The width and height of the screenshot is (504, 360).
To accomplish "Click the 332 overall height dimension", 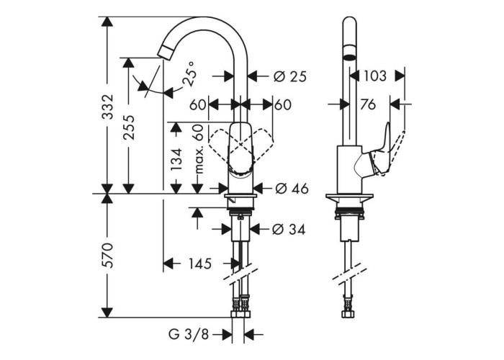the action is tap(107, 107).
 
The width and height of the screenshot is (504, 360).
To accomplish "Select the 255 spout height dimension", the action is tap(129, 127).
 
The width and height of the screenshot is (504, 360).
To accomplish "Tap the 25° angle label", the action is tap(189, 74).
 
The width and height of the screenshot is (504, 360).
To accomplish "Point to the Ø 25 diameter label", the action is tap(290, 76).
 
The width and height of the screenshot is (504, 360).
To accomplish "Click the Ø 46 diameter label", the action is tap(292, 189).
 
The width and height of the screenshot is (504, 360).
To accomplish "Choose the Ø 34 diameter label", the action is tap(289, 229).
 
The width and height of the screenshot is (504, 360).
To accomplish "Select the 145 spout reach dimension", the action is tap(200, 264).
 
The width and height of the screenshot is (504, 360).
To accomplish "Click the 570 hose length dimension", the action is tap(107, 256).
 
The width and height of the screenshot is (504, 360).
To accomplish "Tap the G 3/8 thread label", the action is tap(189, 335).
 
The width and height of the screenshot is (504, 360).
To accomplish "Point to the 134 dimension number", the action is tap(176, 159).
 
